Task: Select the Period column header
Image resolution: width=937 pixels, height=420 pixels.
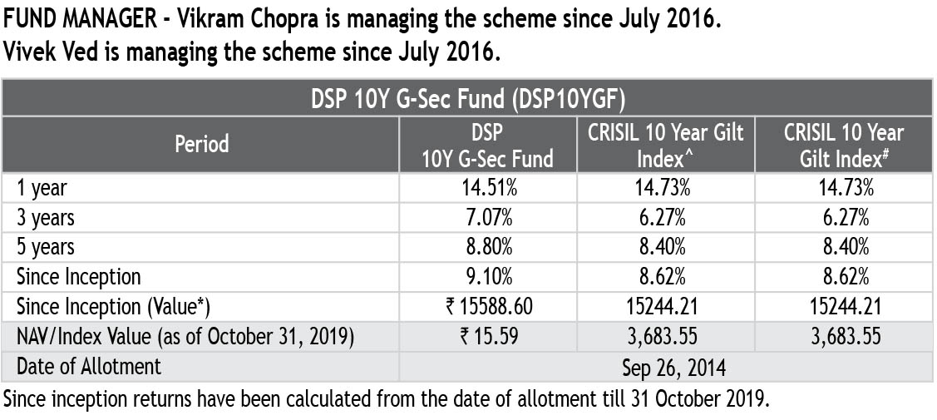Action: (x=201, y=144)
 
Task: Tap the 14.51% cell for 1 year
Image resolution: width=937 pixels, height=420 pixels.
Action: (x=488, y=188)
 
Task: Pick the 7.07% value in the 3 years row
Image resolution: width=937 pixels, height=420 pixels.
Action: (x=488, y=218)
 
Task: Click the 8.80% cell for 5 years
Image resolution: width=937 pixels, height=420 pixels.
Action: (x=488, y=247)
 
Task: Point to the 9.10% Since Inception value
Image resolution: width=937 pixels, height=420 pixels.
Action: (x=488, y=276)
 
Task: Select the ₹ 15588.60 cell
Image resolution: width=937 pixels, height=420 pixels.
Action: (x=488, y=306)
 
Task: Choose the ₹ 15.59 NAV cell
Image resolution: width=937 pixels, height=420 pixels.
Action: (x=488, y=336)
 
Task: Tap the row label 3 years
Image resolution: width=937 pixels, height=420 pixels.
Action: (x=46, y=218)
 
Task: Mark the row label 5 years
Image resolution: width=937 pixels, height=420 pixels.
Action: (x=46, y=247)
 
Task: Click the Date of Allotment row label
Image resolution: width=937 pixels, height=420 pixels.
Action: (x=89, y=366)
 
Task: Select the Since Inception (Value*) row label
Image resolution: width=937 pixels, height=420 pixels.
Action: (x=113, y=306)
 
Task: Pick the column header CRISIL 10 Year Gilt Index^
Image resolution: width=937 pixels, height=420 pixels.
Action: (x=665, y=144)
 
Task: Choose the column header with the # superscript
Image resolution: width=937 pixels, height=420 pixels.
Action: (x=843, y=144)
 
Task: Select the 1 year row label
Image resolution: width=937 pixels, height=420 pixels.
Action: (x=42, y=188)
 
